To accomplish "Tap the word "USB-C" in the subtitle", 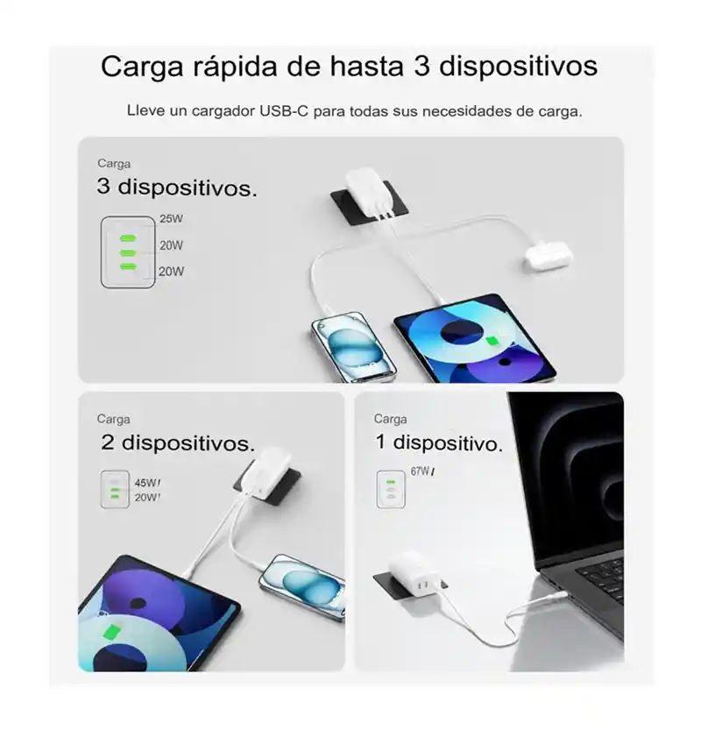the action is point(284,112).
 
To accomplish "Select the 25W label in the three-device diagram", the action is point(171,219).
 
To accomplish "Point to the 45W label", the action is point(146,483).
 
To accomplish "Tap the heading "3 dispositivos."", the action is point(177,188).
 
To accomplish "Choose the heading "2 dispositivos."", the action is point(178,443).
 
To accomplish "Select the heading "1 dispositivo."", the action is point(439,443).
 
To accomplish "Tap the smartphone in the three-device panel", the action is point(353,347).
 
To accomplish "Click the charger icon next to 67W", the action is point(391,489).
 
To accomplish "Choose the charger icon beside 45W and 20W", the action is point(115,489).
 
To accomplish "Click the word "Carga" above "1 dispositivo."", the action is point(390,419).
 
